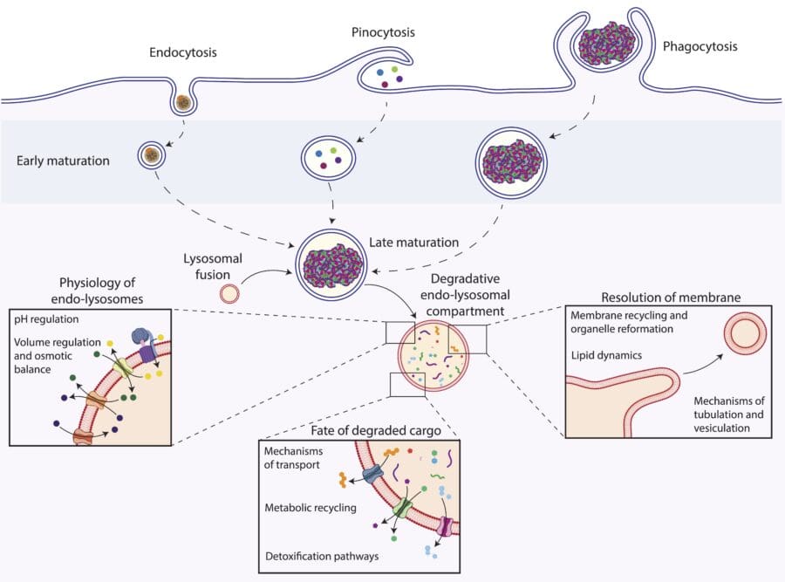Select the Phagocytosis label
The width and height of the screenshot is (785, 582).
[x=700, y=45]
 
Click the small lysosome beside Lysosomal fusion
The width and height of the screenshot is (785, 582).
[x=229, y=293]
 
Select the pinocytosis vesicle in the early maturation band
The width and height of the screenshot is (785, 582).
[x=328, y=157]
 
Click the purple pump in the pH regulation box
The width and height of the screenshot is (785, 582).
[x=145, y=342]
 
